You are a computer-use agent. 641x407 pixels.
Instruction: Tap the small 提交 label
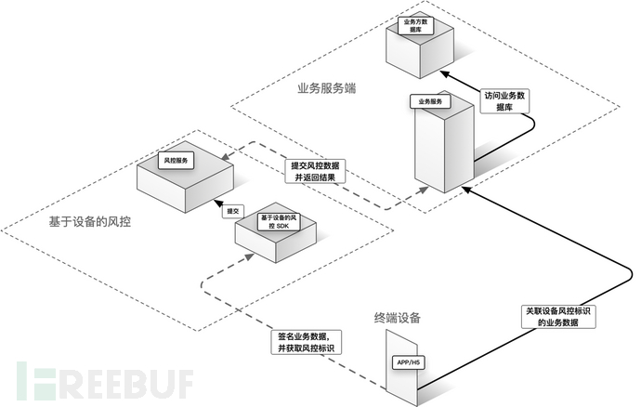click(x=233, y=212)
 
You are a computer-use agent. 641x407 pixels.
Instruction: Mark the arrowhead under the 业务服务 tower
click(x=468, y=190)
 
